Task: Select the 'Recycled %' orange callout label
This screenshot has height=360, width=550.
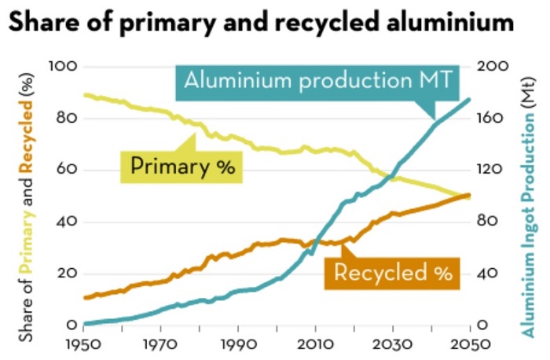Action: [x=392, y=273]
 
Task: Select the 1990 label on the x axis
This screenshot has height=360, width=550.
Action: [x=237, y=345]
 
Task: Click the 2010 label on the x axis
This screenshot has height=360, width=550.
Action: [x=315, y=345]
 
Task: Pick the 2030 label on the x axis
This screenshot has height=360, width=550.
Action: [x=392, y=345]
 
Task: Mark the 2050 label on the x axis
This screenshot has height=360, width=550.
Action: [x=469, y=345]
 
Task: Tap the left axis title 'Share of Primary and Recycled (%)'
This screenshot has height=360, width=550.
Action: [x=28, y=204]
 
